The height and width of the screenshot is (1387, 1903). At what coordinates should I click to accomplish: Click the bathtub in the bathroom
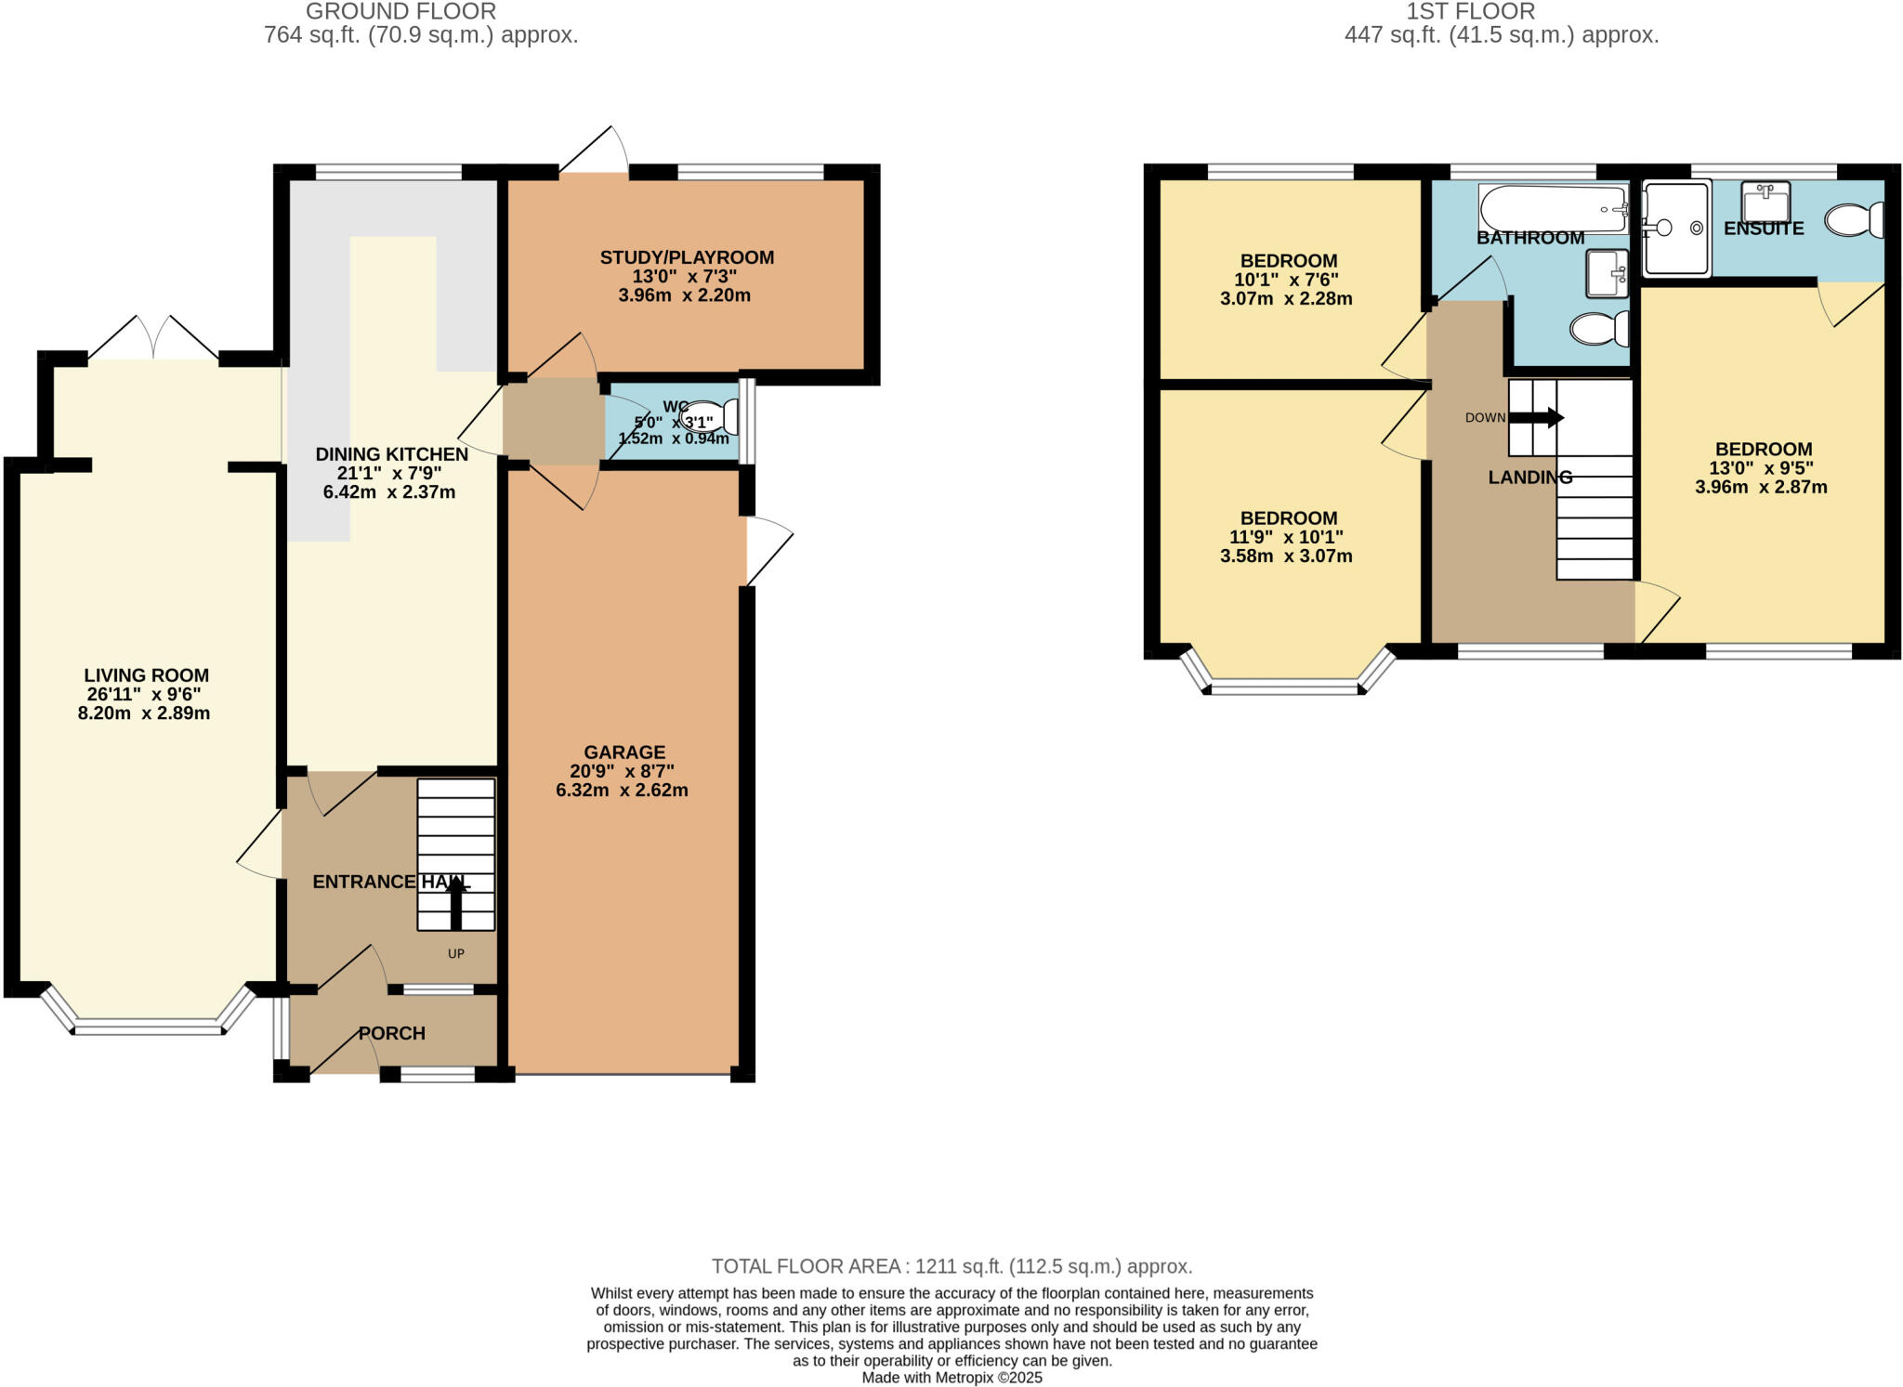coord(1552,209)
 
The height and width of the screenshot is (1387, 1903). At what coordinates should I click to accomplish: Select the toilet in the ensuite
coord(1854,221)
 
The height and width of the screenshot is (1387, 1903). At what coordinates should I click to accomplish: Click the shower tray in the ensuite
coord(1676,229)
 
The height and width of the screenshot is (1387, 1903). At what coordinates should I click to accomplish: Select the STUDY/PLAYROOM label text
coord(687,257)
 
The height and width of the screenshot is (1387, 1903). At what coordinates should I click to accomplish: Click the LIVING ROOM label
coord(146,675)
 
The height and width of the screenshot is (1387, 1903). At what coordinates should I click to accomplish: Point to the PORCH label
coord(392,1033)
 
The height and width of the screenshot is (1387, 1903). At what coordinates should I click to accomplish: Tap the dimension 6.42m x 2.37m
coord(389,492)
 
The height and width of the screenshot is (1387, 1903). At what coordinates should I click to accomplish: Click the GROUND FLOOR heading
coord(400,11)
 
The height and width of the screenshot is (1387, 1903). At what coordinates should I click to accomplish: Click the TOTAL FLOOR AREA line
coord(951,1266)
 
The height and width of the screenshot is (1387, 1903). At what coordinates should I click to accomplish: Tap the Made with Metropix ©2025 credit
coord(951,1378)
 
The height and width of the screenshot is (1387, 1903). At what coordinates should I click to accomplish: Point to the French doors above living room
coord(154,340)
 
